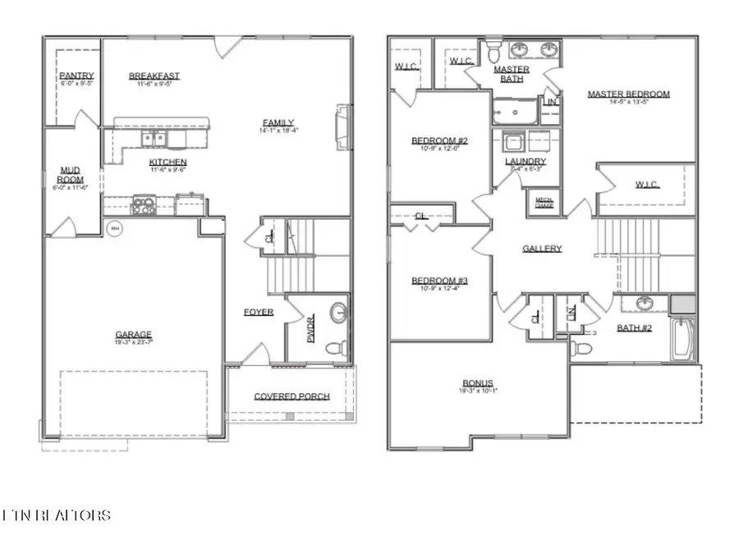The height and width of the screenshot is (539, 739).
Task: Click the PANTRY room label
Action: coord(76,75)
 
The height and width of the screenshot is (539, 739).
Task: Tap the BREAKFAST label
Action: coord(154,76)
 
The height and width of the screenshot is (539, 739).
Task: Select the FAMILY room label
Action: coord(278,123)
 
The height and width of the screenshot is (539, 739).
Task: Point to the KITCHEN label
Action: coord(168,162)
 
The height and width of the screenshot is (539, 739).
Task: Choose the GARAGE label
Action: coord(133,335)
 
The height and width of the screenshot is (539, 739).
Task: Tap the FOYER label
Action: coord(258,313)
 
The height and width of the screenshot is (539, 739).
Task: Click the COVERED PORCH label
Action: coord(291,396)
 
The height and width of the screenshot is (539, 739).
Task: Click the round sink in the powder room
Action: coord(338,313)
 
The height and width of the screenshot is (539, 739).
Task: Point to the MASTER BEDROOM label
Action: coord(628,94)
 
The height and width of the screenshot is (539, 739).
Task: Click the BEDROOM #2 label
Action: coord(439,141)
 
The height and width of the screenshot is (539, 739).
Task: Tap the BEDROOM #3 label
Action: coord(439,281)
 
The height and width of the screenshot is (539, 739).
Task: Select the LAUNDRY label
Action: coord(526,162)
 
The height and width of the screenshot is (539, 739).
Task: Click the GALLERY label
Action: coord(542,249)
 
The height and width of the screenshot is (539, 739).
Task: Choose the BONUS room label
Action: coord(478,383)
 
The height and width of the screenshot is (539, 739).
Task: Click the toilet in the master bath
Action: coord(493,52)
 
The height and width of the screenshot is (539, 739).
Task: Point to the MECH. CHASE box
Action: coord(544,202)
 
